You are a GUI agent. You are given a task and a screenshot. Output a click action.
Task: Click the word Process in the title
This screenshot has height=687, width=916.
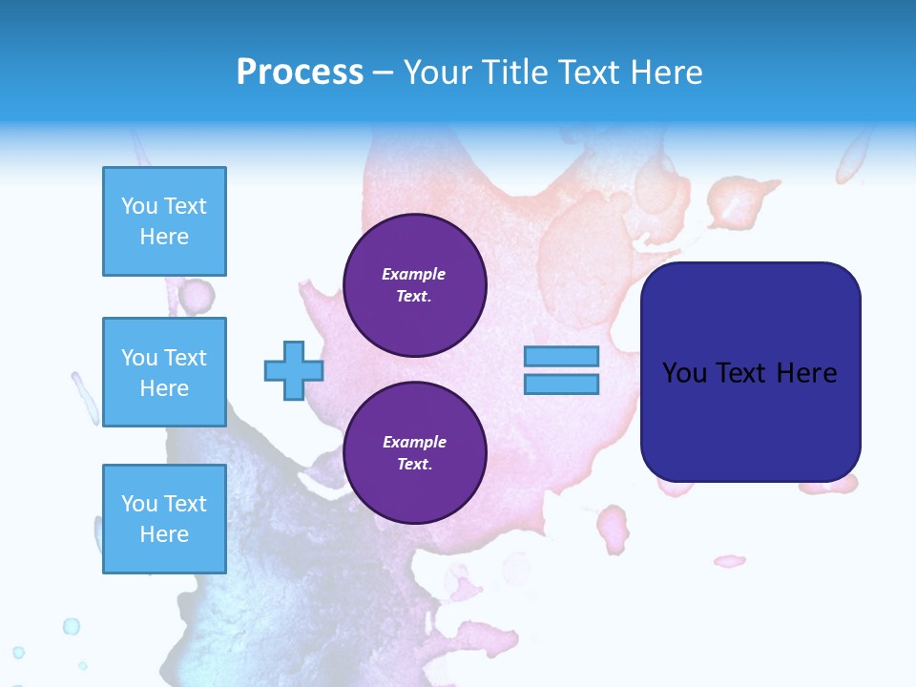coord(300,73)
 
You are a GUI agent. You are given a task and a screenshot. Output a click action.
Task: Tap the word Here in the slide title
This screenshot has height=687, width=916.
coord(665,73)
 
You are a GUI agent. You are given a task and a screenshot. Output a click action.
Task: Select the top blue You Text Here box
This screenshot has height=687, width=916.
coord(164,221)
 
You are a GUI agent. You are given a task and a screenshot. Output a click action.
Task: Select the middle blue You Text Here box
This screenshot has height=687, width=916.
coord(164,372)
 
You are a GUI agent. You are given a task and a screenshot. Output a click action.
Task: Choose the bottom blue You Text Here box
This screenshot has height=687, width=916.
coord(164,519)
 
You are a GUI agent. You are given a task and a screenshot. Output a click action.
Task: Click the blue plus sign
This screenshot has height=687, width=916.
coord(293,371)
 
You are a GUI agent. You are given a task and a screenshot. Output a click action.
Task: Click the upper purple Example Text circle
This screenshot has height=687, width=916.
coord(414,285)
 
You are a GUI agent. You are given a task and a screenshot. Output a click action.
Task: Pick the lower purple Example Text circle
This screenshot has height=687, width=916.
coord(414,453)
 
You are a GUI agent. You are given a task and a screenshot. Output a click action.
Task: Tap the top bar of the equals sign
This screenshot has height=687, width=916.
coord(561,356)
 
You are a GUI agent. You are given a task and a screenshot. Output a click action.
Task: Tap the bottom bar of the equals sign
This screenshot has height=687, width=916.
coord(561,385)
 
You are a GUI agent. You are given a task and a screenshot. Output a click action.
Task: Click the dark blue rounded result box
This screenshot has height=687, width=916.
coord(750,420)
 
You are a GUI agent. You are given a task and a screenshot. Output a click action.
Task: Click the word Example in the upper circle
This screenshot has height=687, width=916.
coord(414,274)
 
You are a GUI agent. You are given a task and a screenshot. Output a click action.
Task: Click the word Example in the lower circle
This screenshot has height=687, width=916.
coord(414,442)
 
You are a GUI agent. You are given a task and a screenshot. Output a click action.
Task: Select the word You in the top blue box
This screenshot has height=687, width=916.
coord(139,206)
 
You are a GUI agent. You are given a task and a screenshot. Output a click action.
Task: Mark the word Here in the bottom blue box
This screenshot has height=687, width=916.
coord(164,534)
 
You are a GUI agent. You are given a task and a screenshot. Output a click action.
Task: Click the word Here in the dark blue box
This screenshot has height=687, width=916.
coord(806,373)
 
